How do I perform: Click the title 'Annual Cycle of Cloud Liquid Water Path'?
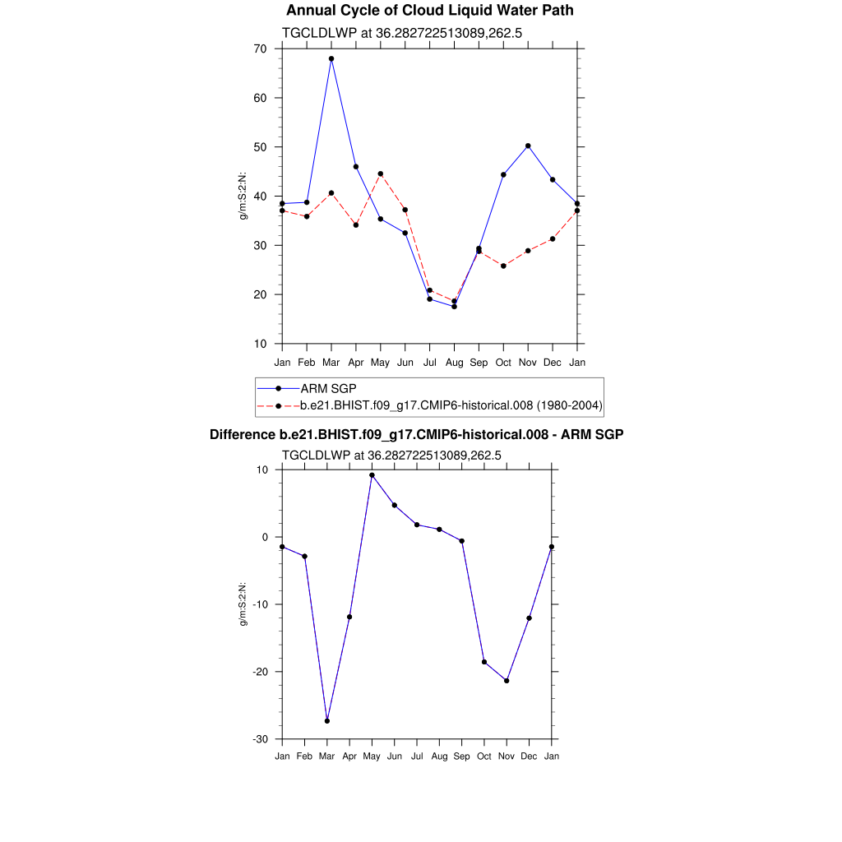(x=429, y=11)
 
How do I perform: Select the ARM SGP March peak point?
(x=331, y=59)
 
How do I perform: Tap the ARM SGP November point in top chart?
(x=528, y=146)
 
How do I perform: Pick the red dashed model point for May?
(x=381, y=173)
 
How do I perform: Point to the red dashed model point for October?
(x=503, y=266)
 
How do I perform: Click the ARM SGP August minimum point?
(x=454, y=306)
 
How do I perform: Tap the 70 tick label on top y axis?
(x=260, y=49)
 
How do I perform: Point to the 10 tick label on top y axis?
(x=260, y=344)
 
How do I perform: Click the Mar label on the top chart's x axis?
(x=331, y=363)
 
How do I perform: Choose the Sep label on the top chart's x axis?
(x=479, y=363)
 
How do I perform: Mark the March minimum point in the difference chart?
(x=327, y=720)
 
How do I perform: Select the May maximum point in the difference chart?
(x=372, y=474)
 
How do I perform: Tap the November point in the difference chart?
(x=507, y=680)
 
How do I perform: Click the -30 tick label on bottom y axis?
(x=261, y=739)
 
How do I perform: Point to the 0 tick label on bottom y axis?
(x=266, y=537)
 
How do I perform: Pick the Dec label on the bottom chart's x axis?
(x=529, y=756)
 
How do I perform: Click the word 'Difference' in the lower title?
(x=238, y=434)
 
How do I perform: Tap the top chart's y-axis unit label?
(x=243, y=196)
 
